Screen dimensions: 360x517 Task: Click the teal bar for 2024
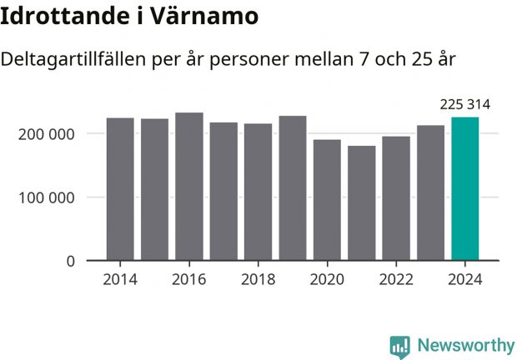point(464,189)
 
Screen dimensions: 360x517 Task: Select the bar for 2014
point(120,189)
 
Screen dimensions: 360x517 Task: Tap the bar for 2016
point(189,187)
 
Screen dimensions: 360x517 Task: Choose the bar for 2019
point(293,188)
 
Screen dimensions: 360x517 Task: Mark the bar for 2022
point(396,198)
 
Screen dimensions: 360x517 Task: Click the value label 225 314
point(464,104)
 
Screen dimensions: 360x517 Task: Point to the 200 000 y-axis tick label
point(47,134)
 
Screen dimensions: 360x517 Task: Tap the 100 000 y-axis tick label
point(47,197)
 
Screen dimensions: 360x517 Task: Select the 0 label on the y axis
point(70,261)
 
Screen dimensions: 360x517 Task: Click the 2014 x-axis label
point(120,279)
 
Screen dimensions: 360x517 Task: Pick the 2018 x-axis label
point(258,279)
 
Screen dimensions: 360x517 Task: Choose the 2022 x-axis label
point(396,279)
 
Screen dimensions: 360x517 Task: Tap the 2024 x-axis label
point(464,279)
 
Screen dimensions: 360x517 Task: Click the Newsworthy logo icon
point(400,346)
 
